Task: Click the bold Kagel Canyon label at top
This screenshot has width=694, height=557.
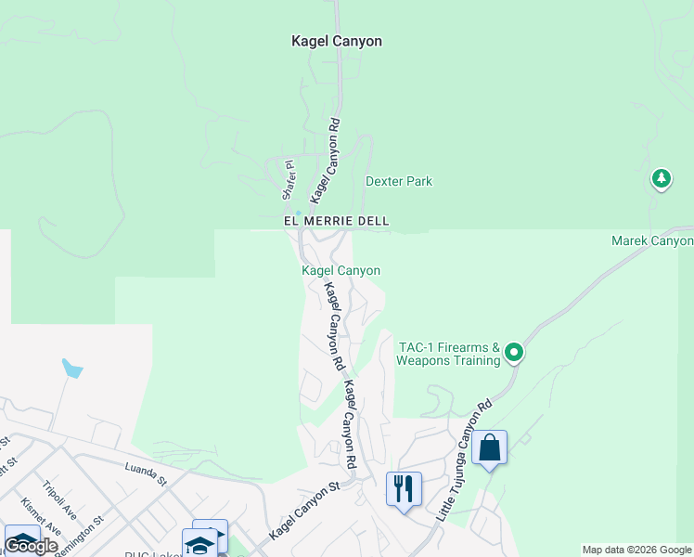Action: tap(336, 41)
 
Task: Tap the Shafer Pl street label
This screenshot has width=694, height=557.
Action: tap(288, 180)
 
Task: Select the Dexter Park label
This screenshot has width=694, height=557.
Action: tap(399, 182)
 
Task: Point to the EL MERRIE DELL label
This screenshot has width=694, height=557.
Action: tap(336, 221)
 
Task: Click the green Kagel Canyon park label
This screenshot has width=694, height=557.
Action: tap(341, 270)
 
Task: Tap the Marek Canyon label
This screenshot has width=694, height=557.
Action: tap(652, 241)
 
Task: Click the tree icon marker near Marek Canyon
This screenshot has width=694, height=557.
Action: tap(661, 177)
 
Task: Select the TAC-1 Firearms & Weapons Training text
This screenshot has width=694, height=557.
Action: tap(449, 353)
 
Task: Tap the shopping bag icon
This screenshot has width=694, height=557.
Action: tap(489, 448)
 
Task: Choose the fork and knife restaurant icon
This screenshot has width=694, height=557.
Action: tap(404, 488)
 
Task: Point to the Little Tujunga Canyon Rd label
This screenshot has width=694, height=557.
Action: tap(462, 460)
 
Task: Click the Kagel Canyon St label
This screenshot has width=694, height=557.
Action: tap(303, 512)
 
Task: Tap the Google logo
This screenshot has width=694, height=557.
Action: tap(30, 546)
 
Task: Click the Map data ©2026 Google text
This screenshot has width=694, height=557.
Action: tap(636, 550)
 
